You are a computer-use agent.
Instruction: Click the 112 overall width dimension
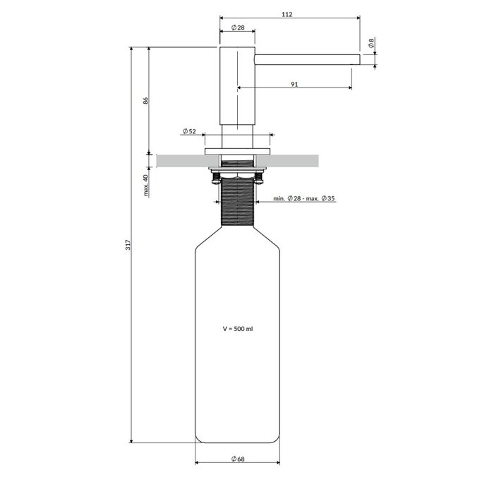[287, 15]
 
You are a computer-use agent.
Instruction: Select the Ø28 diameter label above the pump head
[238, 28]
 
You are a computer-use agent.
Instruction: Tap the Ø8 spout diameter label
[371, 43]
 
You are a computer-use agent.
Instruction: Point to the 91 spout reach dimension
[294, 85]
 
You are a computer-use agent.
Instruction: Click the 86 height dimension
[145, 101]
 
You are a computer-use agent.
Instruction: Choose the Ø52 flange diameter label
[189, 131]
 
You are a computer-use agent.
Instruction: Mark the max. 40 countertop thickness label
[145, 185]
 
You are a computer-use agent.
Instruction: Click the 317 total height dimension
[128, 245]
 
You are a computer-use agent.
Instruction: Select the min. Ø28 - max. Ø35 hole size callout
[304, 198]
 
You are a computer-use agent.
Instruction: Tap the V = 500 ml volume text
[238, 329]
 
